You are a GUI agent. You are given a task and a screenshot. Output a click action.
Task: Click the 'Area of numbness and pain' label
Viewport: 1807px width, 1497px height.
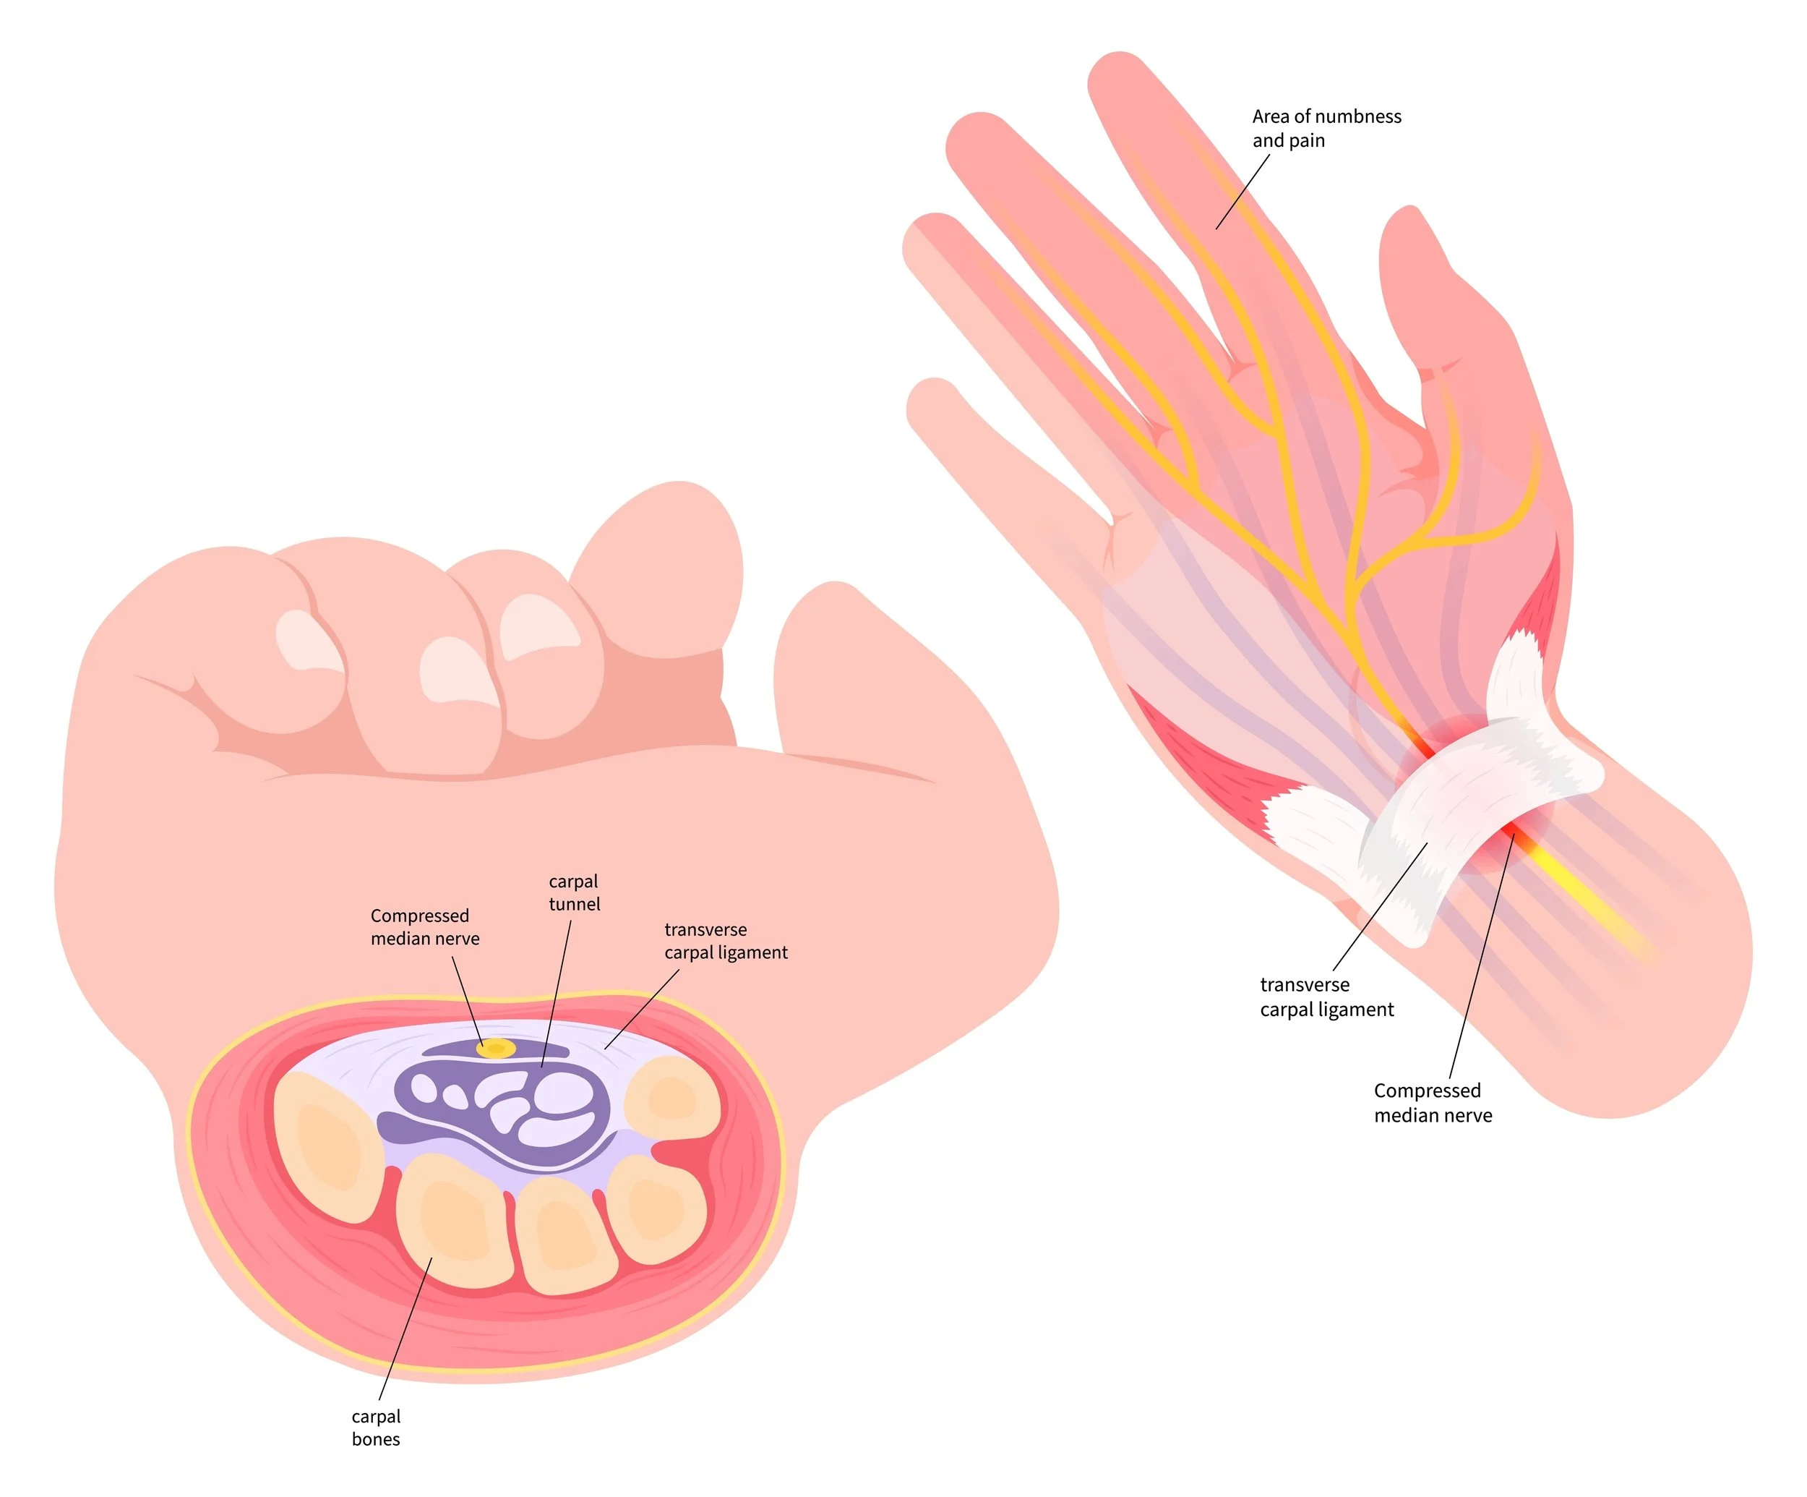(x=1326, y=128)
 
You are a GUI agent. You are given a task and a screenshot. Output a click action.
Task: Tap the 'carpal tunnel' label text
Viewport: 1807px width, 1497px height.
(x=574, y=892)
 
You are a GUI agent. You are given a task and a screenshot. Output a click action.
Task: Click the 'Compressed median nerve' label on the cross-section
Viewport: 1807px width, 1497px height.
(x=424, y=927)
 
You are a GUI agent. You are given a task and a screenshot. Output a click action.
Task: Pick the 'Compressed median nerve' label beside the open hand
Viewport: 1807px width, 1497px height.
(x=1433, y=1103)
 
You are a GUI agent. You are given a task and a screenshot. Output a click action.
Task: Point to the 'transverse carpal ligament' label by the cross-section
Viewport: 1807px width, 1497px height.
(x=726, y=941)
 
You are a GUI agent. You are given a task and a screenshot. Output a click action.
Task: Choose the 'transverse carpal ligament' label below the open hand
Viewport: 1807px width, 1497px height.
(x=1326, y=997)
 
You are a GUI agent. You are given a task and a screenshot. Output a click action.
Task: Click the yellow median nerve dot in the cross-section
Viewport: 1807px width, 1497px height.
(x=496, y=1048)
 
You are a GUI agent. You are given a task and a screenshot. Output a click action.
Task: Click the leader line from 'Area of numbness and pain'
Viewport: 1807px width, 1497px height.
(x=1242, y=191)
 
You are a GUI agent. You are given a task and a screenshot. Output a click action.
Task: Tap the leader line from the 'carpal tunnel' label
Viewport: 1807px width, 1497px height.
(x=557, y=990)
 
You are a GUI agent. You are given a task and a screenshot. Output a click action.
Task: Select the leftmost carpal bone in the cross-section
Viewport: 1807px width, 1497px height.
(x=327, y=1145)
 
